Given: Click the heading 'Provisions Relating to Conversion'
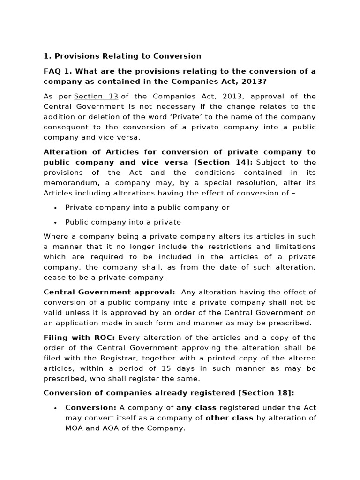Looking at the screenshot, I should [x=128, y=56].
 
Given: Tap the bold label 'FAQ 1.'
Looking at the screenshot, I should [x=58, y=71].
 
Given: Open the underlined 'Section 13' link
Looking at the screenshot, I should [x=96, y=96].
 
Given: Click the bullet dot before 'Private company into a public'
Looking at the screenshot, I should [x=55, y=208].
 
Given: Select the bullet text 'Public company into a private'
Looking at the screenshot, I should [x=123, y=222].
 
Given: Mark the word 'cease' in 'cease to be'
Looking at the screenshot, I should [x=54, y=277].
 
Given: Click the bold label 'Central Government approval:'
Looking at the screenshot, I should [x=109, y=292].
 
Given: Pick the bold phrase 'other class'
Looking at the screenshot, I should [x=229, y=418].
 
